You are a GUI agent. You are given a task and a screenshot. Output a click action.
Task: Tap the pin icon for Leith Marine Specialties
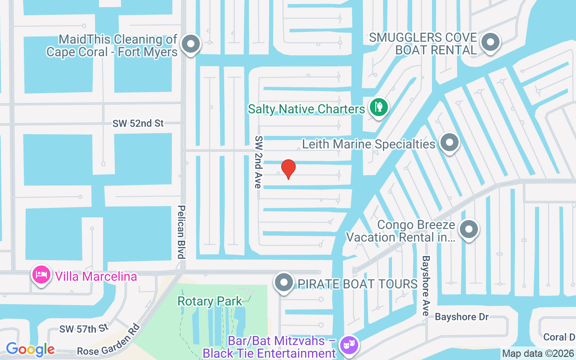pyautogui.click(x=449, y=143)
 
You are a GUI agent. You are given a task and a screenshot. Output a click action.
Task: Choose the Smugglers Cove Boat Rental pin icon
pyautogui.click(x=490, y=42)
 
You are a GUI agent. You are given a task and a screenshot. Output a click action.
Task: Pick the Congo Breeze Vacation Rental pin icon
pyautogui.click(x=469, y=229)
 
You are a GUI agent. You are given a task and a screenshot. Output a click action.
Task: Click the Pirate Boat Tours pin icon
pyautogui.click(x=284, y=283)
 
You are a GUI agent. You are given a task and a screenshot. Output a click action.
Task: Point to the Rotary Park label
pyautogui.click(x=210, y=301)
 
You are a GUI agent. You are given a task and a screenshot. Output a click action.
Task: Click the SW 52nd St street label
pyautogui.click(x=138, y=123)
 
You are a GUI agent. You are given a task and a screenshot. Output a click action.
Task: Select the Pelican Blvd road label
pyautogui.click(x=181, y=232)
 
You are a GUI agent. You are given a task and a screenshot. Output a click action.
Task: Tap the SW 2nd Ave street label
pyautogui.click(x=258, y=162)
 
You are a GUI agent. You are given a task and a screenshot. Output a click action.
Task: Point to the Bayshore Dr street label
pyautogui.click(x=462, y=317)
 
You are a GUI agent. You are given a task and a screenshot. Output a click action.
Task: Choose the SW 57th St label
pyautogui.click(x=84, y=329)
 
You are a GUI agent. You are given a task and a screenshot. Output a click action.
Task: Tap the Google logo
pyautogui.click(x=30, y=349)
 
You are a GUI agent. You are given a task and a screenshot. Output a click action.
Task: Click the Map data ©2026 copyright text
pyautogui.click(x=538, y=353)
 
